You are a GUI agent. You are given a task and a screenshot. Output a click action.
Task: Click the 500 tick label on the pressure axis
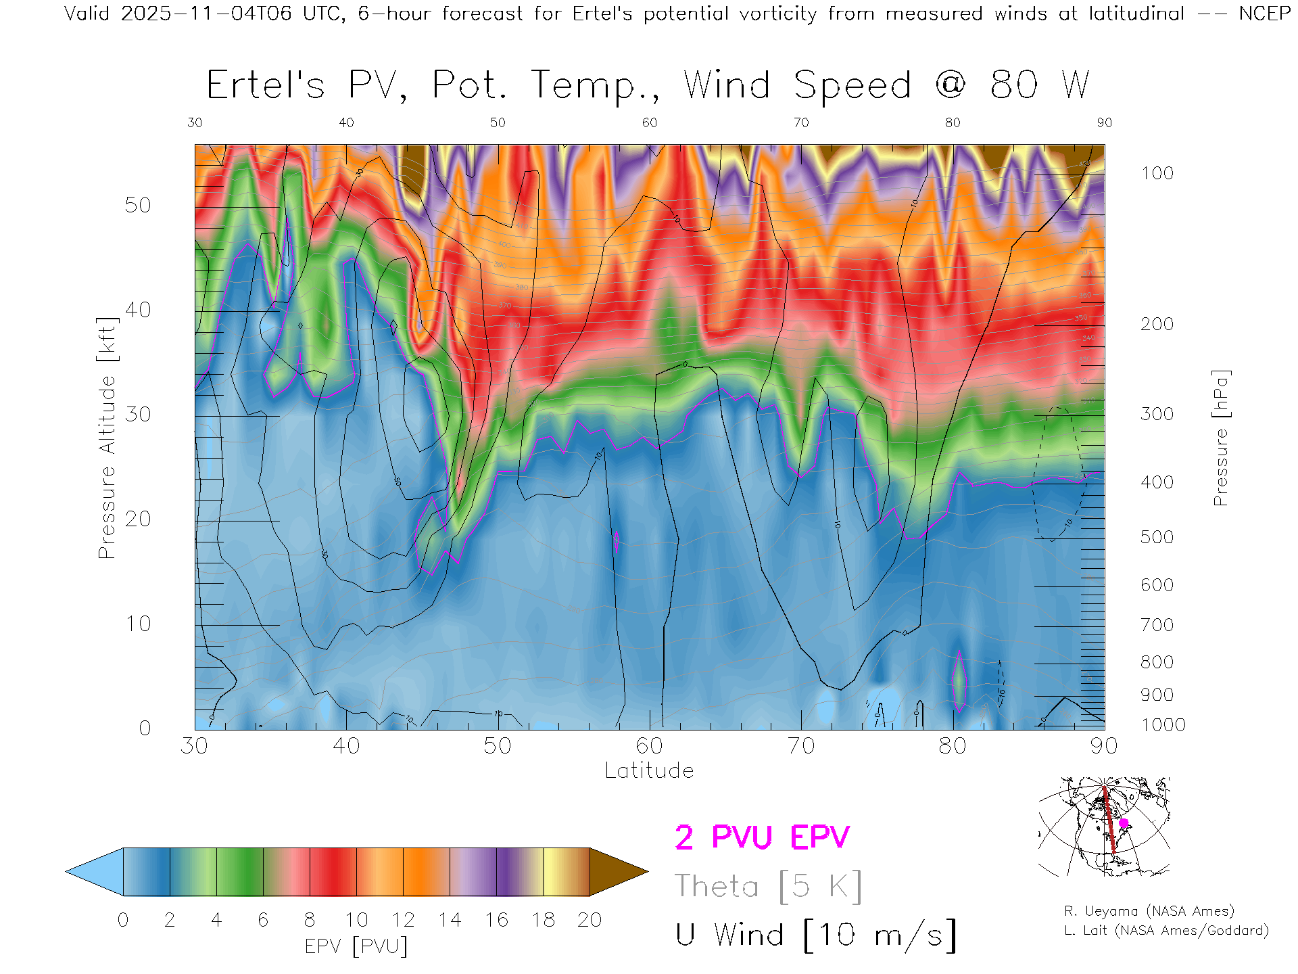1157,537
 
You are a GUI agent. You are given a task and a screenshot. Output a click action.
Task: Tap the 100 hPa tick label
1157,173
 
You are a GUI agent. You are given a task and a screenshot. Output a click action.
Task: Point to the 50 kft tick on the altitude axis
138,205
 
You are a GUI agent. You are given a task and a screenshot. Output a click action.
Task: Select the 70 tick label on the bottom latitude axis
800,746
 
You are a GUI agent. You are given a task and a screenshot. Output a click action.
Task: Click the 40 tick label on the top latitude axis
346,122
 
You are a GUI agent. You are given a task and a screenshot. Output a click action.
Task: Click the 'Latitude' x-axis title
649,770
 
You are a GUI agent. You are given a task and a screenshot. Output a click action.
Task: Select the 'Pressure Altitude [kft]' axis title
107,438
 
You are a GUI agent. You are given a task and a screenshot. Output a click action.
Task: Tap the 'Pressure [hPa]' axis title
1220,438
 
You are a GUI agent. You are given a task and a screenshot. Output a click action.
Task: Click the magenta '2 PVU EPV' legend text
762,837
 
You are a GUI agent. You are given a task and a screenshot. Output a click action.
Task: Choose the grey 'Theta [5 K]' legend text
768,886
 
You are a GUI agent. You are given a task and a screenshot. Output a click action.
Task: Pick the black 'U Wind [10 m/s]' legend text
815,935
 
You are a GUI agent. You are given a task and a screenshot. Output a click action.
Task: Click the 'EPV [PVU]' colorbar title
356,946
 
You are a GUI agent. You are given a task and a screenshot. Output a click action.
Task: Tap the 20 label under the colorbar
590,920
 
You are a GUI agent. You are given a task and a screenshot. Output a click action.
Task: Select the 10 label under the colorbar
356,920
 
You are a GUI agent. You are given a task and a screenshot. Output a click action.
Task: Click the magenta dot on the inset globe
1124,823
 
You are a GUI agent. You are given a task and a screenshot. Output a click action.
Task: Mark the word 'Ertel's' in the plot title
266,85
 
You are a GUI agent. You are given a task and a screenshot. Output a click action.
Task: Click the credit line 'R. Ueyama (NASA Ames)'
1149,911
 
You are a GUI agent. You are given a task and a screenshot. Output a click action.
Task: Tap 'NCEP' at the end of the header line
1264,14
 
